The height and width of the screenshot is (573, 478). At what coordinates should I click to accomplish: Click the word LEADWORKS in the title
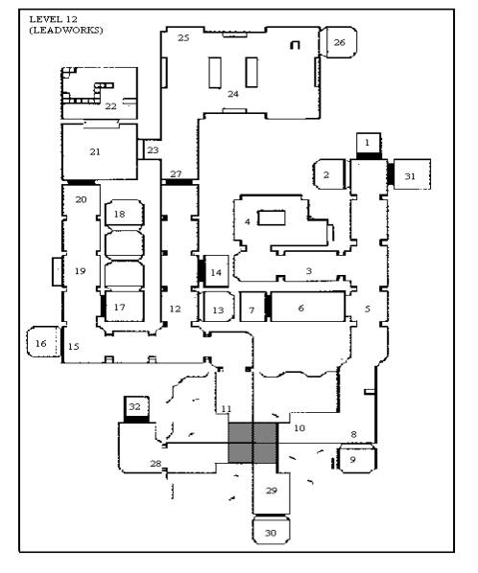(66, 30)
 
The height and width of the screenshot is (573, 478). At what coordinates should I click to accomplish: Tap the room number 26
(339, 42)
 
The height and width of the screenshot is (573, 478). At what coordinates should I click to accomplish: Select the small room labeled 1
(369, 143)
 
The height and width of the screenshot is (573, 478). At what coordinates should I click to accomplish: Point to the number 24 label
(233, 94)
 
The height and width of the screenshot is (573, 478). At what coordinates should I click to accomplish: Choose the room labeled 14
(217, 270)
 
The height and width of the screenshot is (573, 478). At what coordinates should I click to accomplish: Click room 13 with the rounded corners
(219, 307)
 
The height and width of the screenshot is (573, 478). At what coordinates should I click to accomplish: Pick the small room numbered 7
(252, 307)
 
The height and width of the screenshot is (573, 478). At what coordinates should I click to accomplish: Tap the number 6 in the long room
(300, 309)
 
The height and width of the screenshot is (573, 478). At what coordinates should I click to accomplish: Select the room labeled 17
(125, 307)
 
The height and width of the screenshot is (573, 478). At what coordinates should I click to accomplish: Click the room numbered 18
(125, 213)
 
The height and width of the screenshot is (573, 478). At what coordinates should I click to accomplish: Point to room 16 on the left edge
(43, 342)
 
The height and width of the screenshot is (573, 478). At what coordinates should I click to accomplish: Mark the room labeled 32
(136, 406)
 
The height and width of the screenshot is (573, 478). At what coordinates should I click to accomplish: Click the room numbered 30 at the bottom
(272, 531)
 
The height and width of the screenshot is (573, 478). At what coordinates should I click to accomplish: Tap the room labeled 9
(358, 458)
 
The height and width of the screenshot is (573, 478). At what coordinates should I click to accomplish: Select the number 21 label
(95, 151)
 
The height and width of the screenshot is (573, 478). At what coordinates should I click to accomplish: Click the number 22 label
(111, 106)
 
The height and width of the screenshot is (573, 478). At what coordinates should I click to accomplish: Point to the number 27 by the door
(176, 174)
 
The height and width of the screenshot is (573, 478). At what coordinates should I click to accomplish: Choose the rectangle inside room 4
(272, 218)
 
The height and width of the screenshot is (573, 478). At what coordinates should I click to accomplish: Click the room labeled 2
(329, 174)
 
